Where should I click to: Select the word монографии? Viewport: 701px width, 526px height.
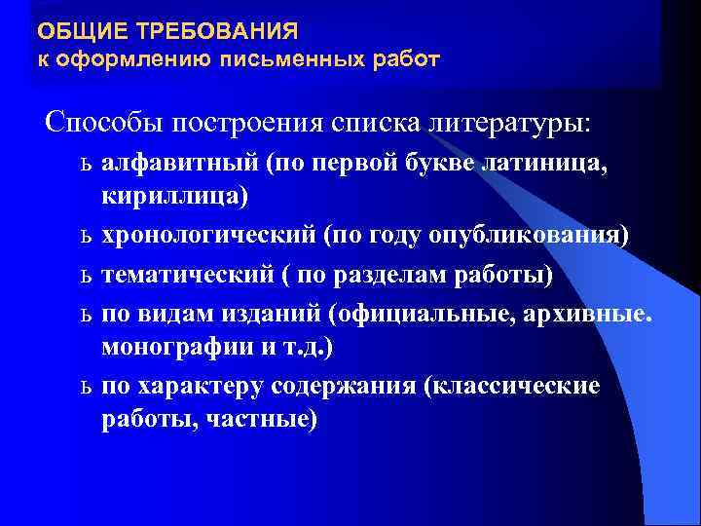pyautogui.click(x=178, y=346)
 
